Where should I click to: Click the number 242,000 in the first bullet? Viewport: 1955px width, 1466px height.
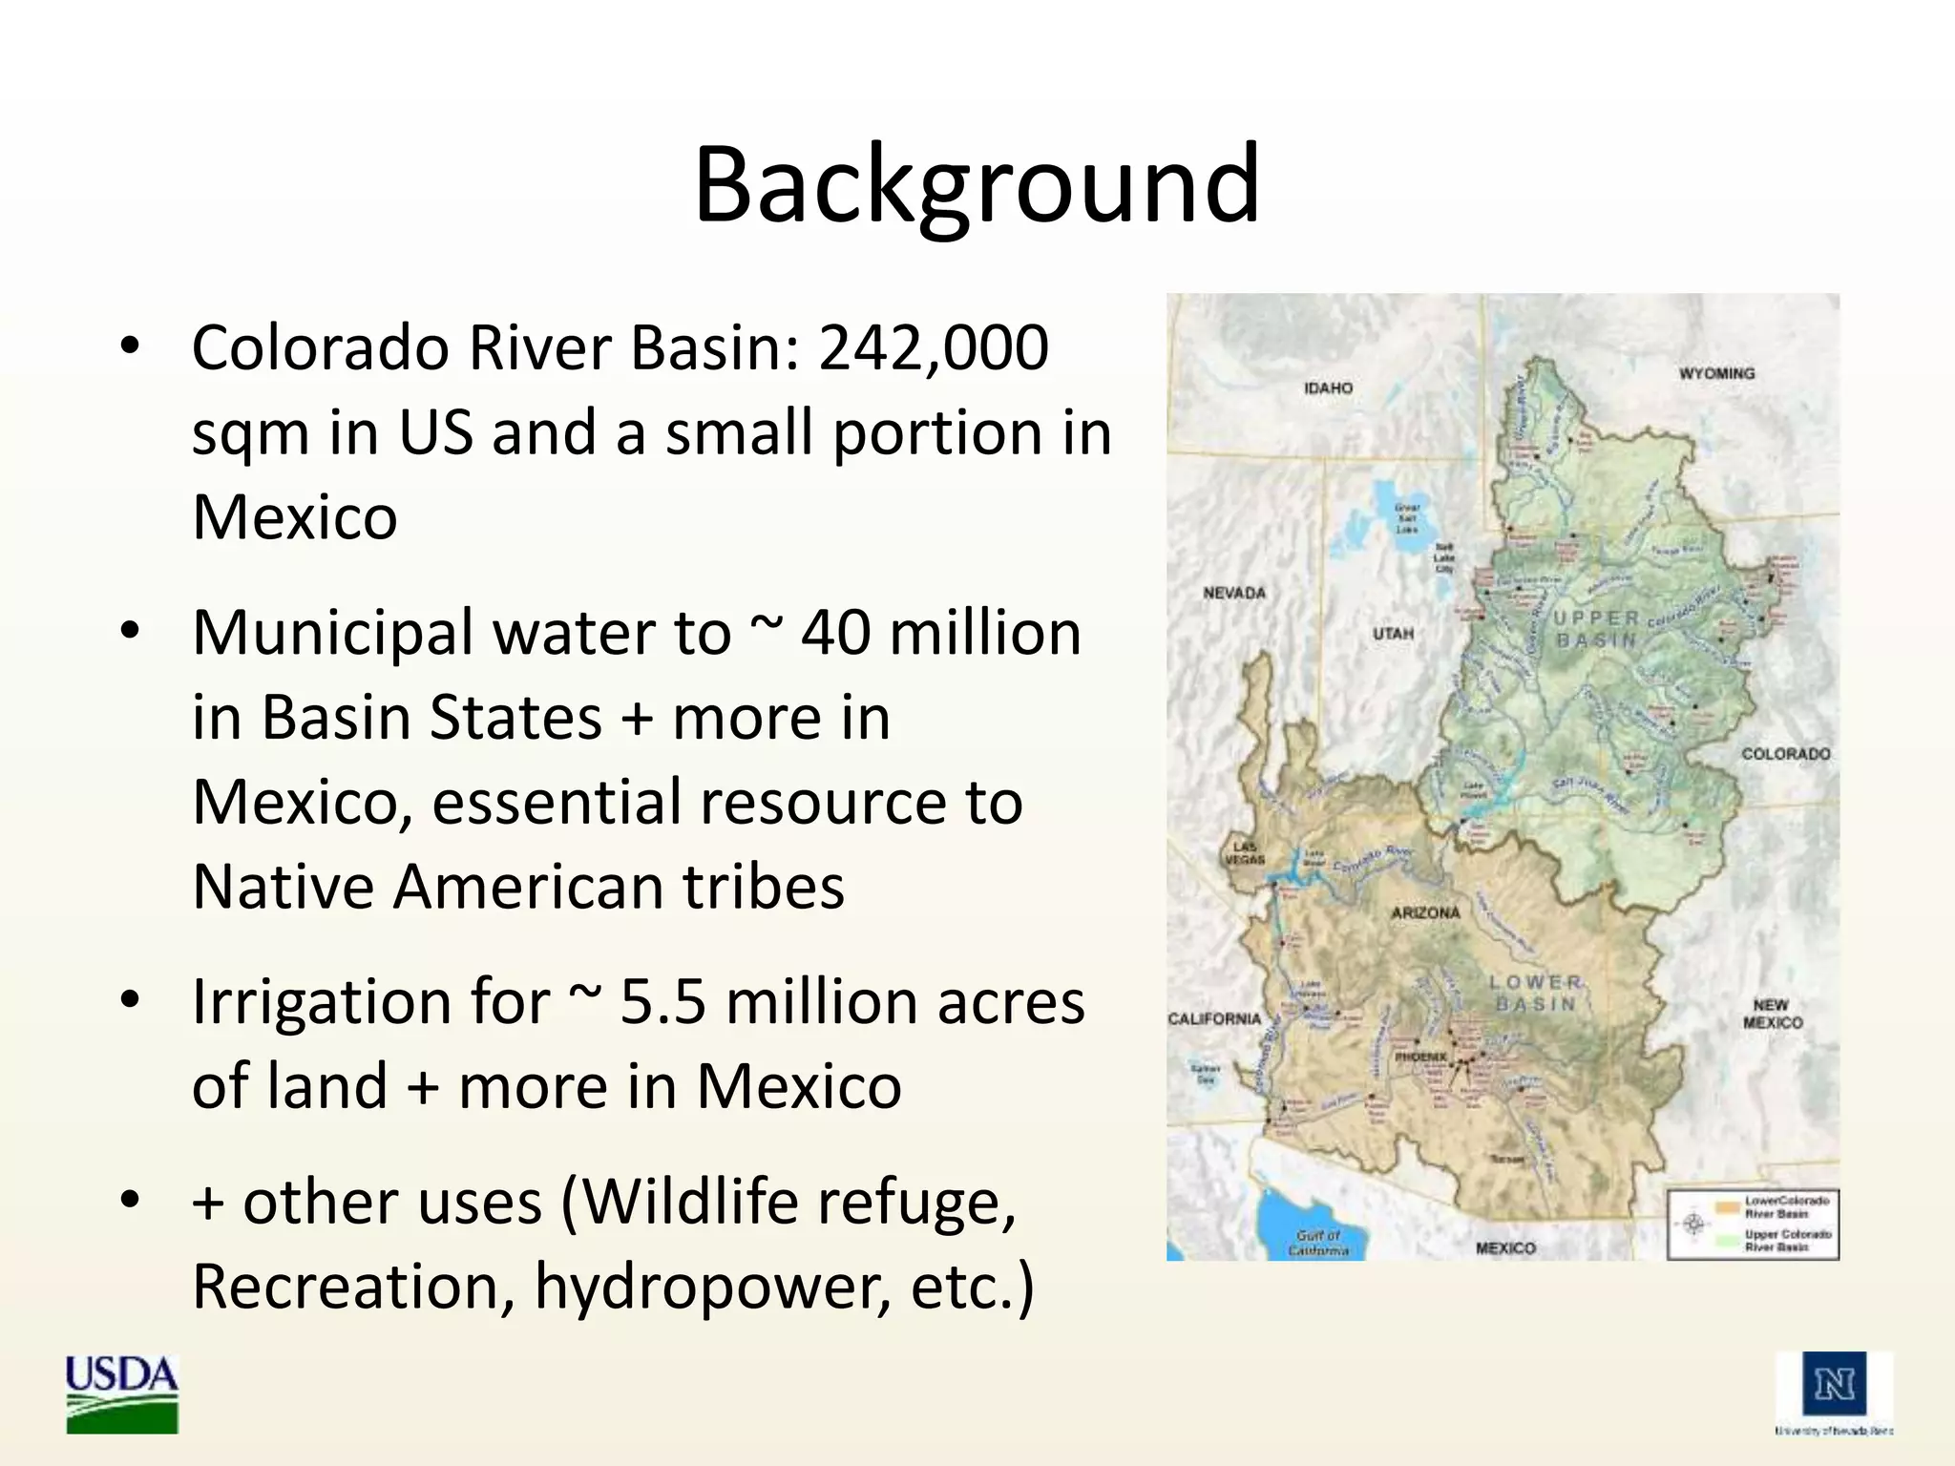pos(934,347)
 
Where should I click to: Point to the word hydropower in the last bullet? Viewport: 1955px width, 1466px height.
pos(711,1287)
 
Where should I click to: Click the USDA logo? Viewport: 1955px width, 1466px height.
pos(121,1393)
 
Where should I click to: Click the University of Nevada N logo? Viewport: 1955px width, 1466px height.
pos(1834,1385)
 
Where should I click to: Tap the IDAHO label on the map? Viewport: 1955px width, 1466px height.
pos(1328,388)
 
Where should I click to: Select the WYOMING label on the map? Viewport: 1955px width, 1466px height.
pos(1716,373)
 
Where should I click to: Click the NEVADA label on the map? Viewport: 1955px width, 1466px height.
pos(1234,593)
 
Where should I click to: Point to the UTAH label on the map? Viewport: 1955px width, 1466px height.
pos(1393,634)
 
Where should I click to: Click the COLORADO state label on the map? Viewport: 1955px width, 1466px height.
pos(1786,754)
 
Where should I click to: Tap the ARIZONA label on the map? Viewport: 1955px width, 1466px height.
pos(1425,913)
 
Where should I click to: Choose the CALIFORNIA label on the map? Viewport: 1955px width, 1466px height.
pos(1214,1018)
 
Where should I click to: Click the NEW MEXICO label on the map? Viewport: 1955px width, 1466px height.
pos(1772,1014)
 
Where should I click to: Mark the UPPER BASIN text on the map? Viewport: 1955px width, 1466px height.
pos(1596,629)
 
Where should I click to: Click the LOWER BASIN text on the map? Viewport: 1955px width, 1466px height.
pos(1535,993)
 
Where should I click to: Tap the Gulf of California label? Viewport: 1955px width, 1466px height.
pos(1318,1242)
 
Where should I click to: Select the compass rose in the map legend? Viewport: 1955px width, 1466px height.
pos(1692,1224)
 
